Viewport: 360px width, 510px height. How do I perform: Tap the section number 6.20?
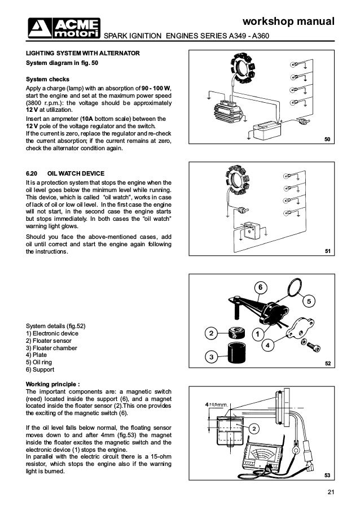pyautogui.click(x=34, y=172)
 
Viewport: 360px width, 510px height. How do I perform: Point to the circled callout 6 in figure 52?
pyautogui.click(x=260, y=288)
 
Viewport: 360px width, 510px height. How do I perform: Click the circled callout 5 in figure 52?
pyautogui.click(x=309, y=302)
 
